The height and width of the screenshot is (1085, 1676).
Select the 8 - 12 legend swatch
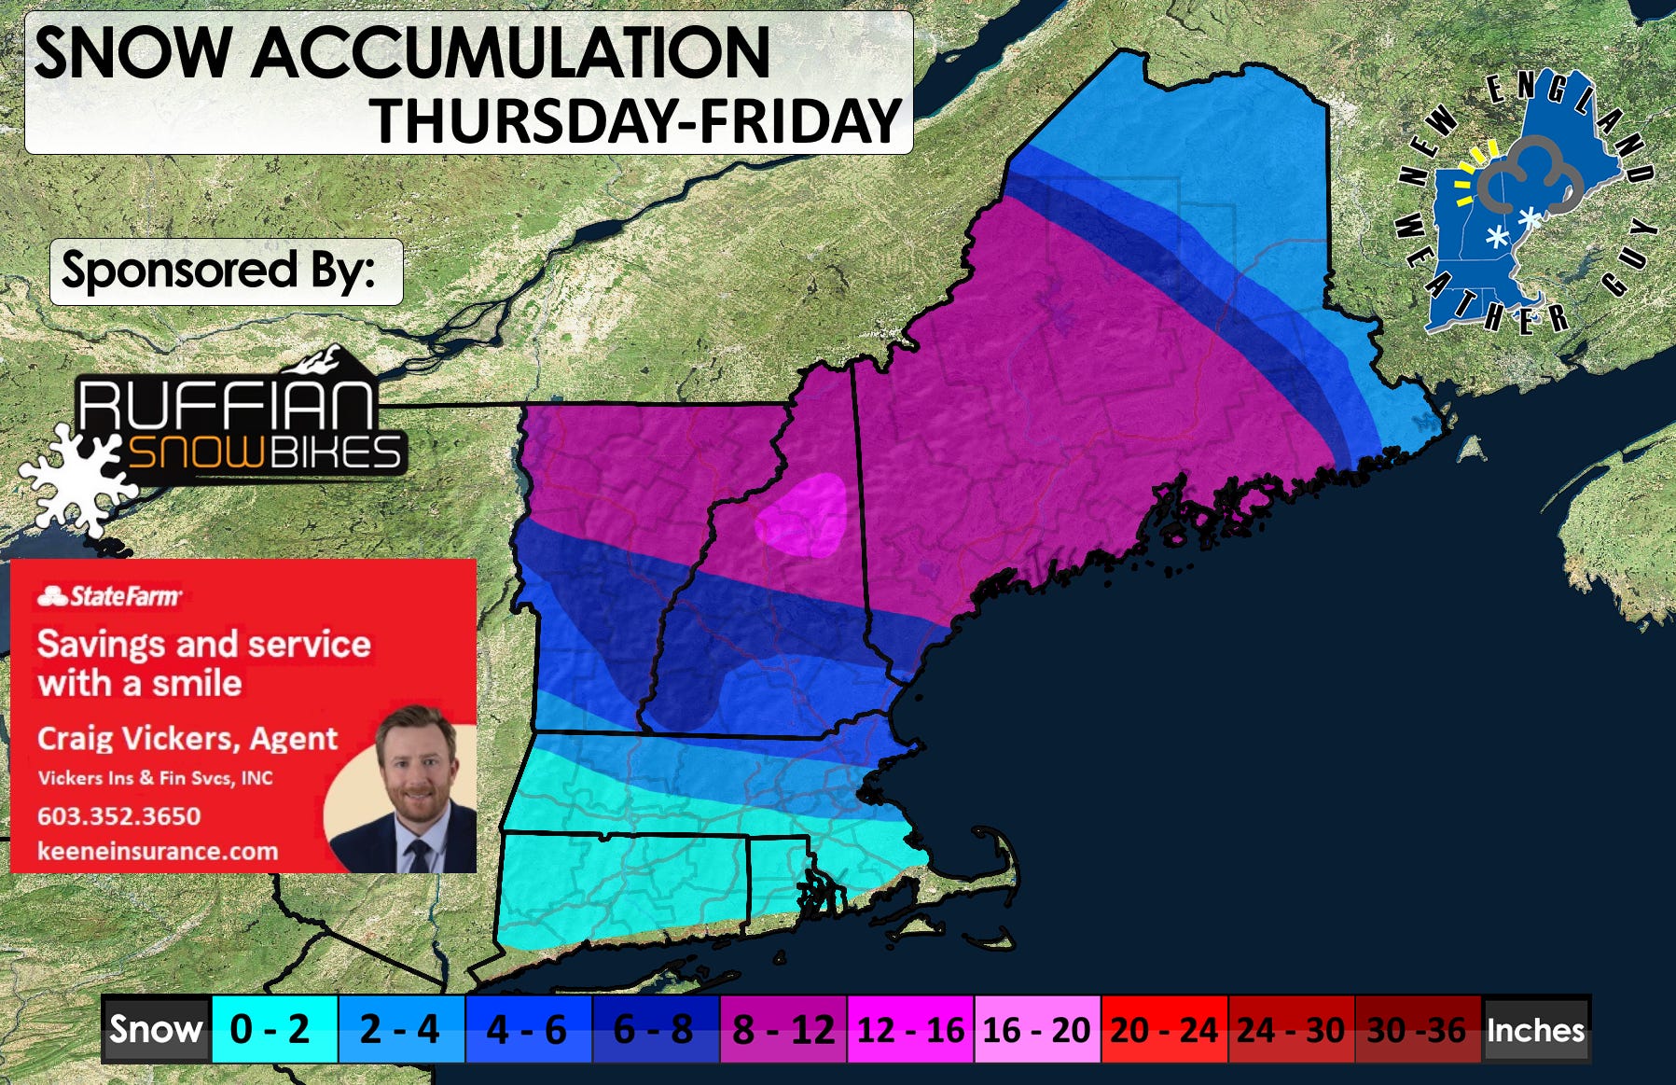tap(783, 1030)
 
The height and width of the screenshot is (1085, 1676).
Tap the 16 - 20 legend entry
tap(1036, 1030)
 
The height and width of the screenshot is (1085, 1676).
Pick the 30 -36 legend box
tap(1417, 1030)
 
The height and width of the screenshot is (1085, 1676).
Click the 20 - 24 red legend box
tap(1163, 1030)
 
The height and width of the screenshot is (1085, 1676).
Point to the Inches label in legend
tap(1535, 1030)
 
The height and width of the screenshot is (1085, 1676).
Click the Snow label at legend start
tap(155, 1030)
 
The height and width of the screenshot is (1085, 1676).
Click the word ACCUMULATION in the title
tap(510, 53)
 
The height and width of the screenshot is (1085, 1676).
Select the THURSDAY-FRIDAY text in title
tap(636, 121)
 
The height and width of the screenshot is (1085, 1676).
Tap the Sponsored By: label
tap(219, 271)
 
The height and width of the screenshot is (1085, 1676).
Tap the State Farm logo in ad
tap(110, 596)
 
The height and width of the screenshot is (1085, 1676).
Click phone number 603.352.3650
tap(118, 815)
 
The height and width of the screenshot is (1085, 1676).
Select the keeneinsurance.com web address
tap(157, 851)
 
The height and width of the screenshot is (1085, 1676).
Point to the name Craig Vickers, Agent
tap(187, 739)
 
